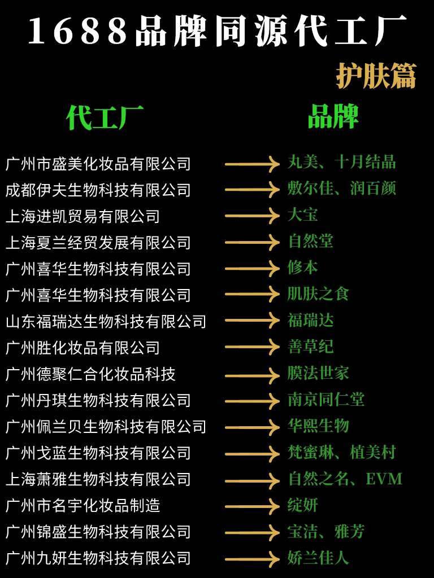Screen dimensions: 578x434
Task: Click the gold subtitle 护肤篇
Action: pos(376,76)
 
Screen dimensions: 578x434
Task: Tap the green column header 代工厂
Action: pos(105,118)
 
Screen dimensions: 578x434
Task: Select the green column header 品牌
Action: pos(333,117)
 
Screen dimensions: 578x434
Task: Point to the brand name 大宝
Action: pos(302,215)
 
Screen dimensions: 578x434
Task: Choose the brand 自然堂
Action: pos(310,242)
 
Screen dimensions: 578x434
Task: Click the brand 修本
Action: pos(302,268)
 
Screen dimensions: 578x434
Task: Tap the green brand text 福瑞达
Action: pos(310,321)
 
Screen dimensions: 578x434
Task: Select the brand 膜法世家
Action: pos(318,373)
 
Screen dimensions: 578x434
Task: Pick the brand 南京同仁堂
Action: pos(326,400)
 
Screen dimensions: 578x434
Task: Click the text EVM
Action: pos(384,479)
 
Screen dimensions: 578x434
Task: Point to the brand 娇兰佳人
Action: pos(318,558)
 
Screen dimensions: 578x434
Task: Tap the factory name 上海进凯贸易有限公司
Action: pos(83,216)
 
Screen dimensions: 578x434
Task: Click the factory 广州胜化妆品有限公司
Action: pos(83,348)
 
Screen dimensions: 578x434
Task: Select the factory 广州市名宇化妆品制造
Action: pos(83,506)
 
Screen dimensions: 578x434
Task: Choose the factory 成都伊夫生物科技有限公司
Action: pos(98,190)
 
